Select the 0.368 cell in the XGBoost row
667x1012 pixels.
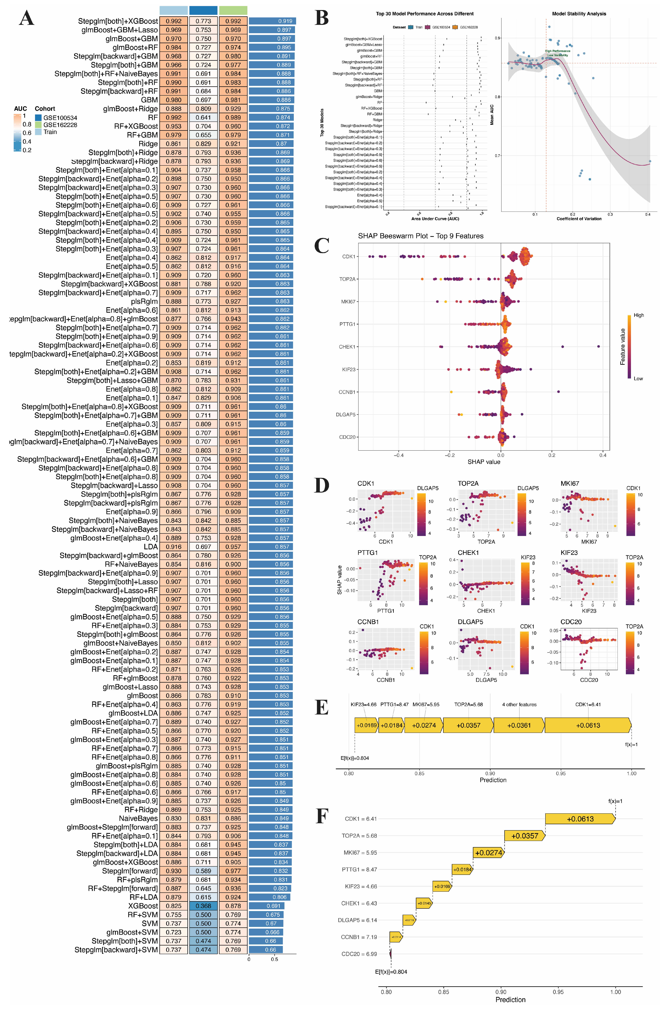tap(203, 906)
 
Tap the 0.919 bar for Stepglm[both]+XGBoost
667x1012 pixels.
tap(272, 21)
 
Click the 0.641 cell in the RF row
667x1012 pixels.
tap(203, 117)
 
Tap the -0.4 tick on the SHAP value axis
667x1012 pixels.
tap(399, 455)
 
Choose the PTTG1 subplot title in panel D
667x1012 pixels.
tap(368, 553)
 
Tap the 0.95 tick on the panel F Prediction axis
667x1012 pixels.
tap(558, 992)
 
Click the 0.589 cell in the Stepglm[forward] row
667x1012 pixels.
tap(203, 871)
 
